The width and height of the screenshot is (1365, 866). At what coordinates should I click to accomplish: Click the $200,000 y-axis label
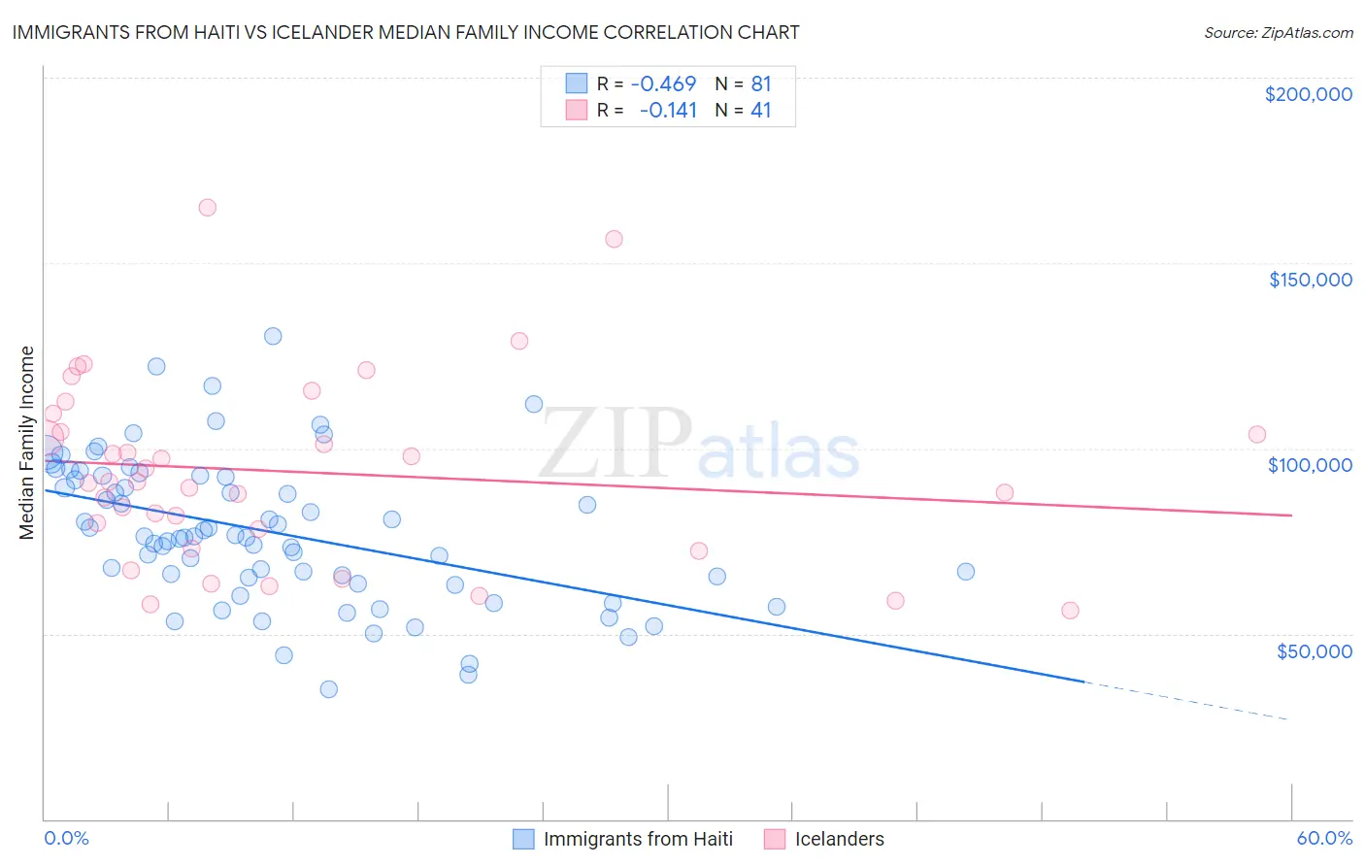click(x=1308, y=94)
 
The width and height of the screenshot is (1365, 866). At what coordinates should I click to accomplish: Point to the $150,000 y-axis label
click(x=1310, y=280)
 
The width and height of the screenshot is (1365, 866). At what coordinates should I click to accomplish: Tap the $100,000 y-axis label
click(x=1310, y=465)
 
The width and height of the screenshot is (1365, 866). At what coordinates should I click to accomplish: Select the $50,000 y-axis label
click(x=1314, y=650)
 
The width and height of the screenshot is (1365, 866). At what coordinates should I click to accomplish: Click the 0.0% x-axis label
click(x=66, y=838)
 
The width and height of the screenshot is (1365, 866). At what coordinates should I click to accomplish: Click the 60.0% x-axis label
click(x=1324, y=838)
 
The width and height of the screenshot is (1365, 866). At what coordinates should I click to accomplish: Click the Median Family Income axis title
click(x=26, y=443)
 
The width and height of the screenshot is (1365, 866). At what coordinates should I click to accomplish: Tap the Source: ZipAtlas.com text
click(x=1278, y=32)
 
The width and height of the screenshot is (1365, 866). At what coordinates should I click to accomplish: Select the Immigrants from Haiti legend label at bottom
click(x=638, y=839)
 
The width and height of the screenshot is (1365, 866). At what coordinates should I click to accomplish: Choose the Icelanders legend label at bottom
click(x=839, y=839)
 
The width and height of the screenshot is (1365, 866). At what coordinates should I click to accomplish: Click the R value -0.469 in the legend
click(x=663, y=83)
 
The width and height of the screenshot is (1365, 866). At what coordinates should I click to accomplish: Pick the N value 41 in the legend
click(x=760, y=110)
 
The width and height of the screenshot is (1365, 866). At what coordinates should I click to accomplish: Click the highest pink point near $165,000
click(x=207, y=207)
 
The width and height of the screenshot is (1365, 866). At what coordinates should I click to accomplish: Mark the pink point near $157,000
click(x=614, y=239)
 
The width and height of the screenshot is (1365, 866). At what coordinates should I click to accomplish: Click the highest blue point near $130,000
click(x=273, y=336)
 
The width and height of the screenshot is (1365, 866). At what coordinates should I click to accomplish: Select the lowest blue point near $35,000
click(x=328, y=689)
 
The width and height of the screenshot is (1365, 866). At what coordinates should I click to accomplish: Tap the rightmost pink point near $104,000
click(x=1256, y=435)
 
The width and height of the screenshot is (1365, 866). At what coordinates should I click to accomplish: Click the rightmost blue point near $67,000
click(x=965, y=572)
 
